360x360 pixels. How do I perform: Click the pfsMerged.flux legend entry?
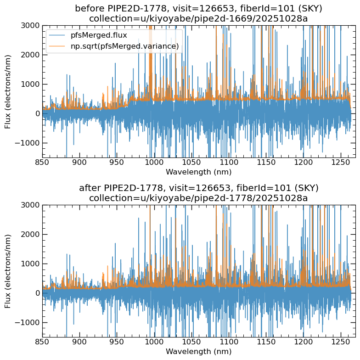click(96, 35)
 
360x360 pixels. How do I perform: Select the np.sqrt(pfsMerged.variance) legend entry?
click(121, 45)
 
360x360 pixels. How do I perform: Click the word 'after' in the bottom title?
click(90, 188)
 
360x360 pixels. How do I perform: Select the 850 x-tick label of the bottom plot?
click(42, 342)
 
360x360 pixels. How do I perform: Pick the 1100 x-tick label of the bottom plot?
click(228, 342)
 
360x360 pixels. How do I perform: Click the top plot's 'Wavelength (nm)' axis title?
click(198, 172)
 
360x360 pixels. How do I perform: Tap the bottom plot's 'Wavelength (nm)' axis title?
click(198, 352)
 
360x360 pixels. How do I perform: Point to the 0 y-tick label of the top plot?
click(37, 113)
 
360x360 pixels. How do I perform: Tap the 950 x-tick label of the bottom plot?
click(117, 342)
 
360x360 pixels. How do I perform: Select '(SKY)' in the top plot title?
click(309, 9)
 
